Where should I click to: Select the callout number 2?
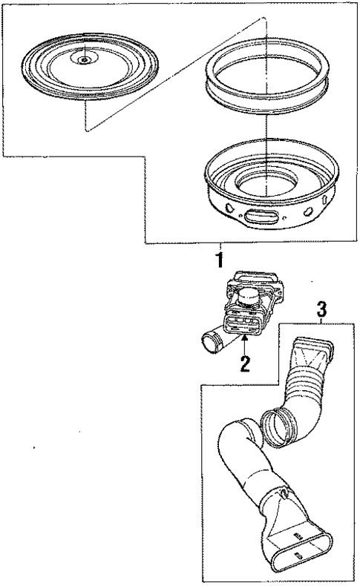(245, 363)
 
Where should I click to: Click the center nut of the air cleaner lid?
(85, 59)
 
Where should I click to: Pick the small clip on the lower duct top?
(284, 493)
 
